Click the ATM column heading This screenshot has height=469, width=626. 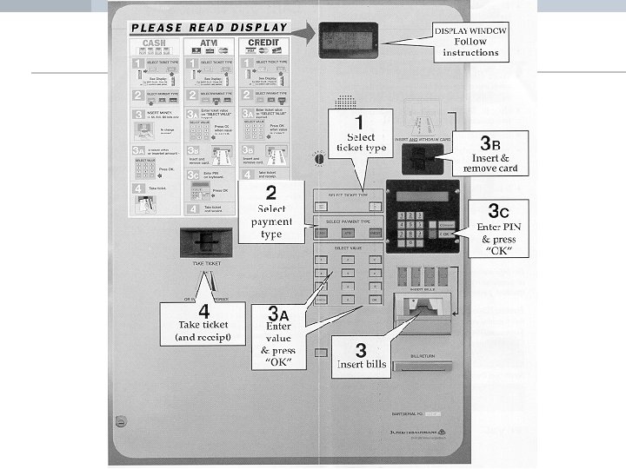click(x=209, y=41)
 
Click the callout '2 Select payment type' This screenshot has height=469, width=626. click(x=271, y=211)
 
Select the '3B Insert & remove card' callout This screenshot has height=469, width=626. click(x=490, y=154)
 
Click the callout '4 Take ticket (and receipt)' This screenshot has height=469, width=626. click(x=203, y=323)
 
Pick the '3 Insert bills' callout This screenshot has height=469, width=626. click(x=361, y=356)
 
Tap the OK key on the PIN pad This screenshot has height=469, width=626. click(x=445, y=234)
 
